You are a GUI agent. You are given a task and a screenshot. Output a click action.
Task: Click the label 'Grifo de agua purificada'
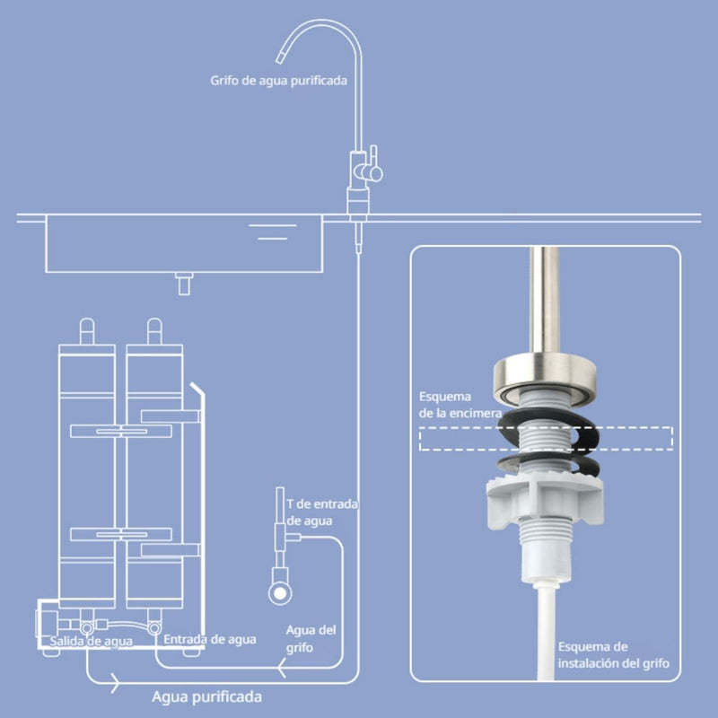[278, 80]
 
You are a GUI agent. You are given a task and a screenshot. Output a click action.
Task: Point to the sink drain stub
[186, 284]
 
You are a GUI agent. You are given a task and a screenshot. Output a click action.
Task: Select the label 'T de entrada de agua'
[321, 512]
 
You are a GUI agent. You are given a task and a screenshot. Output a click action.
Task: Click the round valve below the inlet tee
[281, 591]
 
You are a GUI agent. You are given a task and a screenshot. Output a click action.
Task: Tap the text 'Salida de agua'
[90, 640]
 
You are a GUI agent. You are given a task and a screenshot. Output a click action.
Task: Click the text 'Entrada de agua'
[209, 639]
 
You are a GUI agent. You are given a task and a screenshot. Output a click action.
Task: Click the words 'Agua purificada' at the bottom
[207, 696]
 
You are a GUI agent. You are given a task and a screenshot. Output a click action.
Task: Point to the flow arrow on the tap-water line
[282, 670]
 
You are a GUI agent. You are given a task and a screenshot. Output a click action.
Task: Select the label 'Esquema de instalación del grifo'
[613, 654]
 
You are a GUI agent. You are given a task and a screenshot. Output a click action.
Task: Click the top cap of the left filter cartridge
[86, 331]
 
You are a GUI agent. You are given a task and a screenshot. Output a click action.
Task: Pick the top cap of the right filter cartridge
[153, 331]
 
